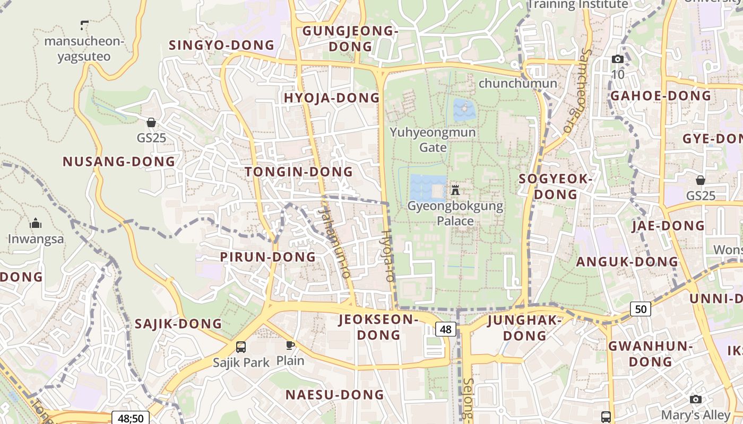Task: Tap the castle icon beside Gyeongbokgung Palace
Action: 455,190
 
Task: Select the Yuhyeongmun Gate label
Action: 433,139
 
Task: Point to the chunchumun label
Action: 517,83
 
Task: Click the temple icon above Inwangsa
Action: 36,223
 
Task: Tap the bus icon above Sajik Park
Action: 241,347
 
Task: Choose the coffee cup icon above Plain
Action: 290,346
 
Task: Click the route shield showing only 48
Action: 446,329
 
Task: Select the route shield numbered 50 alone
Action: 641,308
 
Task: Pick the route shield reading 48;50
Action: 131,418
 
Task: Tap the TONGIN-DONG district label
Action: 299,172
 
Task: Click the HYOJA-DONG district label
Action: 332,98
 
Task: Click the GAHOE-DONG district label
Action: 660,96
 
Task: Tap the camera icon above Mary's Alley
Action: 695,399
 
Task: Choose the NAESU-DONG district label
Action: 334,395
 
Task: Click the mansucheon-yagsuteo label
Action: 84,49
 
